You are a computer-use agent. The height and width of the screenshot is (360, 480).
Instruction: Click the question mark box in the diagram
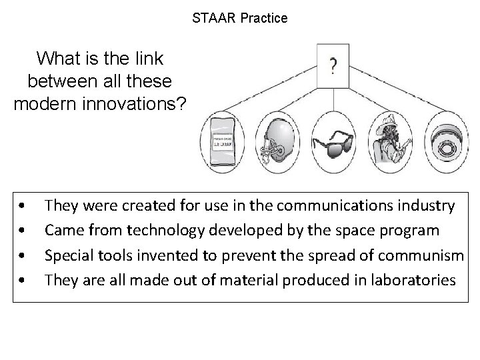tap(333, 65)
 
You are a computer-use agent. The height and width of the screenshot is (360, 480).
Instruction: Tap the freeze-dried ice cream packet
tap(223, 141)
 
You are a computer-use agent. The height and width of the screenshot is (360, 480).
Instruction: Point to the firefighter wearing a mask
tap(388, 141)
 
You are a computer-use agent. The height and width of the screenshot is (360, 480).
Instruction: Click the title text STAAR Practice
tap(239, 19)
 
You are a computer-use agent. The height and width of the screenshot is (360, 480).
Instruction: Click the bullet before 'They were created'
tap(23, 206)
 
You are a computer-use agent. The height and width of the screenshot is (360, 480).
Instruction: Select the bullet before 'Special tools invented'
tap(23, 255)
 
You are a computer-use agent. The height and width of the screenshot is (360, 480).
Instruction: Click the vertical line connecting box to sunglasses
tap(333, 97)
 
